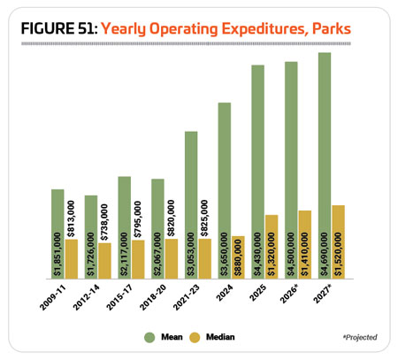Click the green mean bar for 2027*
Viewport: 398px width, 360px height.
(325, 165)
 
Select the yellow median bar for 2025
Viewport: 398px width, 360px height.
(272, 247)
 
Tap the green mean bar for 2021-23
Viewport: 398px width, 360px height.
(191, 205)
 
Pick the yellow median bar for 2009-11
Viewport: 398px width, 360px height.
(72, 259)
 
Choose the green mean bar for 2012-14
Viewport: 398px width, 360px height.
(91, 237)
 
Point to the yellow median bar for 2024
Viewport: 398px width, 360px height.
(238, 257)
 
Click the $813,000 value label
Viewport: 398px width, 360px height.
(71, 218)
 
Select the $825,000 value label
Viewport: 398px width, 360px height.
(204, 218)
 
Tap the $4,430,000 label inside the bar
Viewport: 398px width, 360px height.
(258, 254)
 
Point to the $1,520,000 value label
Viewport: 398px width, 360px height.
(339, 254)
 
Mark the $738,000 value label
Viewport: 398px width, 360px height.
(104, 222)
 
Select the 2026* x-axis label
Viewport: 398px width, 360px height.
(289, 294)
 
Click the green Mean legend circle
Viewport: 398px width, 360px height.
(149, 337)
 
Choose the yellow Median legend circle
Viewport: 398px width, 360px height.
(195, 337)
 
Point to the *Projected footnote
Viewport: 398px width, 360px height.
(360, 337)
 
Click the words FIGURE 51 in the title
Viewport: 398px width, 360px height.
(59, 28)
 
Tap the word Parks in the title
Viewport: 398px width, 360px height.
(332, 28)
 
